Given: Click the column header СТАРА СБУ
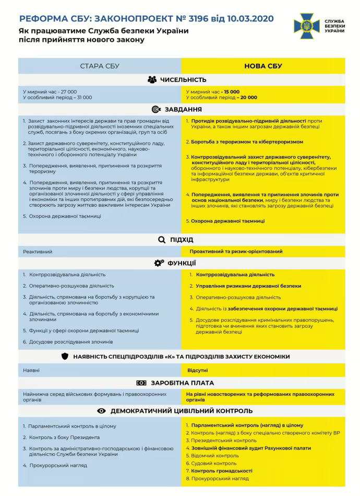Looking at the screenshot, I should point(100,66).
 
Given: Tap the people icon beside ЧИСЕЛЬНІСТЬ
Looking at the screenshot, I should point(152,80).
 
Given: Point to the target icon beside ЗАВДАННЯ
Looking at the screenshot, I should point(155,110).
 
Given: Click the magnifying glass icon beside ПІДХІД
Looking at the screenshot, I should point(161,240).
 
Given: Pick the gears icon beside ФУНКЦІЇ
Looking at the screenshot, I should point(159,263).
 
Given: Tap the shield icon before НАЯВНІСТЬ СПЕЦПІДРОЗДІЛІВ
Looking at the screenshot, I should point(65,357).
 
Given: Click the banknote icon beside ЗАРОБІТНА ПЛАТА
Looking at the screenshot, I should point(141,383).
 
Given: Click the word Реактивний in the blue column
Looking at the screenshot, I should point(38,252).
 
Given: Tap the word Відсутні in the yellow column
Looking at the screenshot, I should point(198,370).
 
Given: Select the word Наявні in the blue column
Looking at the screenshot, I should point(31,370).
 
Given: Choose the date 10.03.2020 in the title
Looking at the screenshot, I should point(248,19).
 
